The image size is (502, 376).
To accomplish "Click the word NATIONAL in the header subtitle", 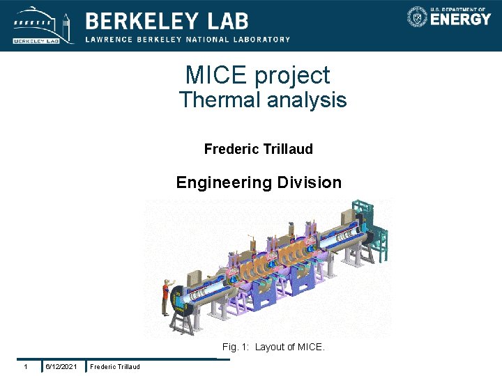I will (x=213, y=40).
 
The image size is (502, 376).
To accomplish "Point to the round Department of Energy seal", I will (x=417, y=17).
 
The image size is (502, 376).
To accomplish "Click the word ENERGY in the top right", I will (x=460, y=19).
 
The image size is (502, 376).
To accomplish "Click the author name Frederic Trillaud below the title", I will (x=258, y=149).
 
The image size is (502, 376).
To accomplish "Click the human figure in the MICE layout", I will (x=166, y=295).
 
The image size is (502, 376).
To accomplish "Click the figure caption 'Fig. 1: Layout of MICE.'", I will (x=273, y=347).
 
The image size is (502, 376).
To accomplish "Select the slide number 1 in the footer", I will (x=25, y=367).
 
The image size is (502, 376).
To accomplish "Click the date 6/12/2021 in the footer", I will (x=61, y=367).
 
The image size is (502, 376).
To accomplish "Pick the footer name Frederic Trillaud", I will (x=115, y=367).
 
